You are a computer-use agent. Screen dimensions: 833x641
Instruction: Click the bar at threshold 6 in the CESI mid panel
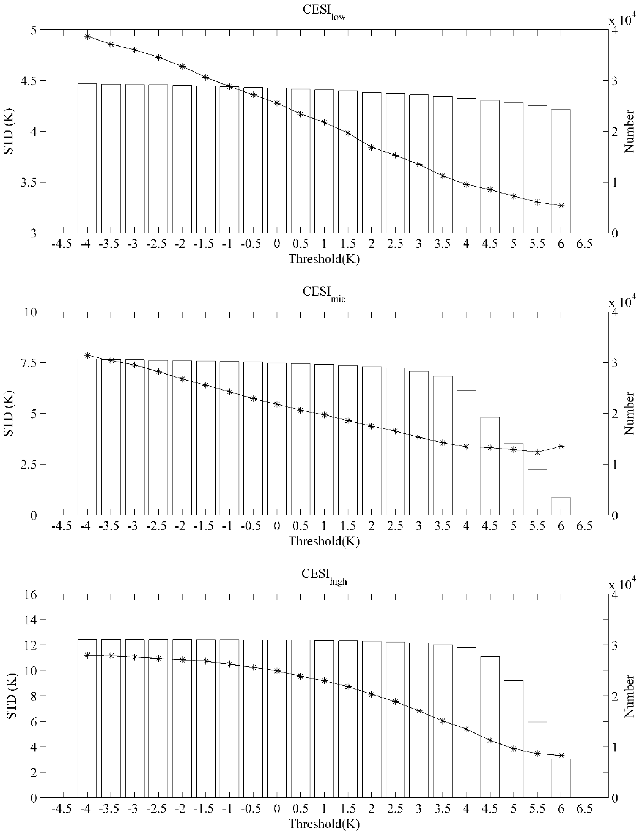pos(561,506)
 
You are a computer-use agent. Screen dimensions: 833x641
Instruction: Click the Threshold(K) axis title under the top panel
pos(324,259)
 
